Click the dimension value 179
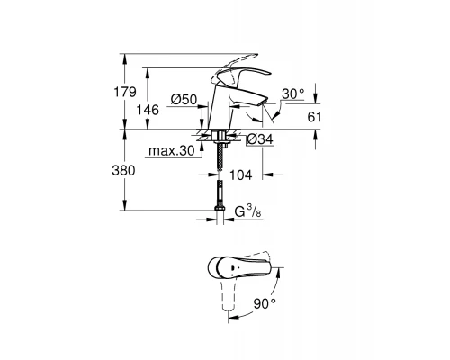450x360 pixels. [132, 91]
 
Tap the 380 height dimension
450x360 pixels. [132, 170]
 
